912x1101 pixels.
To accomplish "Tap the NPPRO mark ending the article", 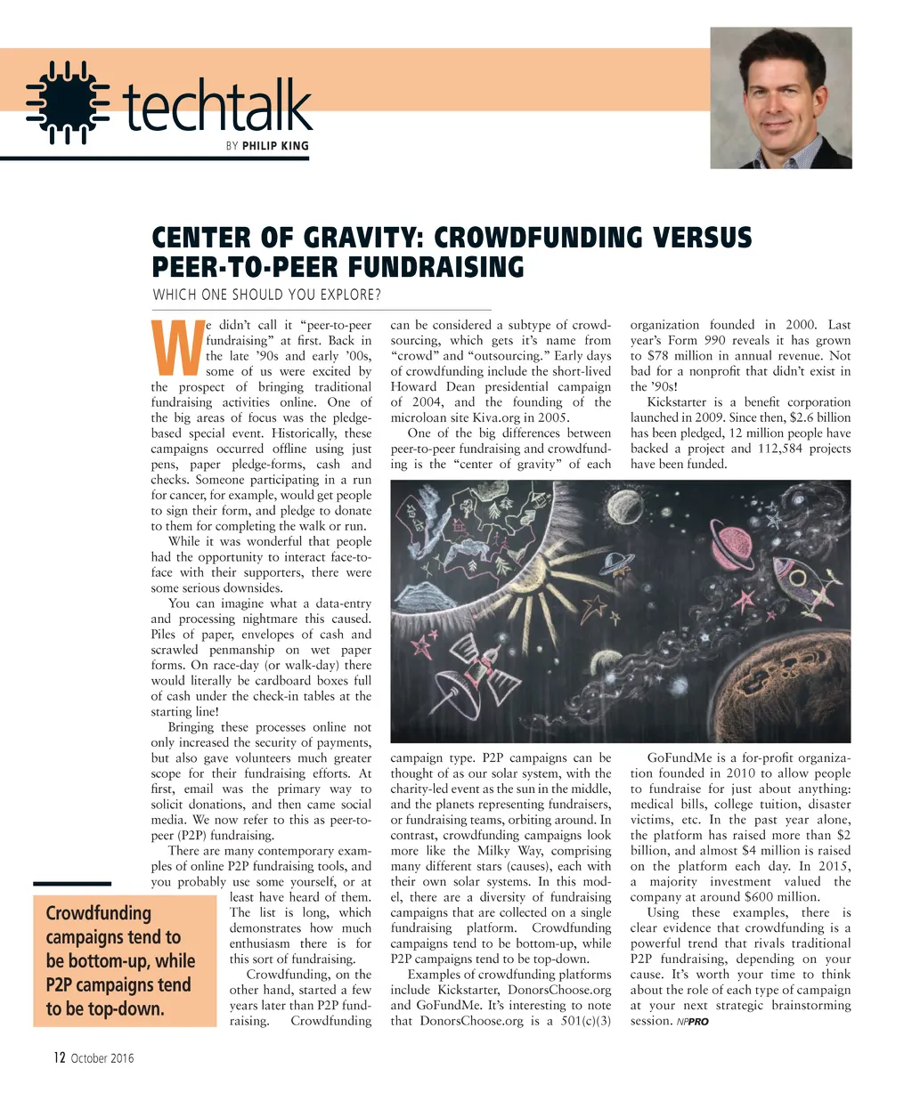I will pyautogui.click(x=693, y=1022).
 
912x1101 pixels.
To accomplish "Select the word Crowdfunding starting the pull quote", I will pyautogui.click(x=98, y=913).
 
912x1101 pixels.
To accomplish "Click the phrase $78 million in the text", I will pyautogui.click(x=681, y=356).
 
